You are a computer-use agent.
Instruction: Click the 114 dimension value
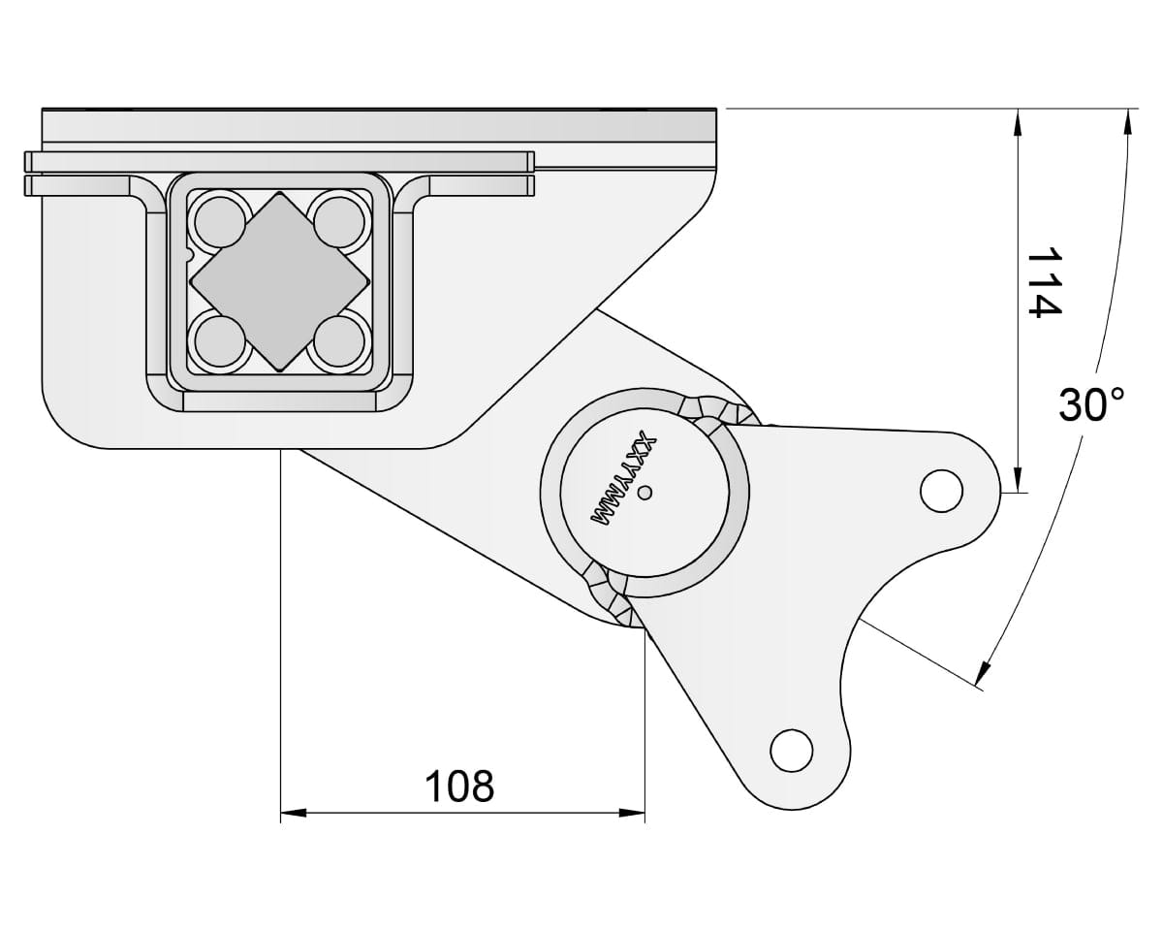pyautogui.click(x=1044, y=282)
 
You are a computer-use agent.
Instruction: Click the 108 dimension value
pyautogui.click(x=459, y=787)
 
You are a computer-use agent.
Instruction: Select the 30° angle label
pyautogui.click(x=1091, y=404)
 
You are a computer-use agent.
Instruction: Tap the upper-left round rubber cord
pyautogui.click(x=220, y=221)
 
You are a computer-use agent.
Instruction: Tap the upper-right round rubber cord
pyautogui.click(x=339, y=221)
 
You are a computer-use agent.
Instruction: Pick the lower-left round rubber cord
pyautogui.click(x=220, y=341)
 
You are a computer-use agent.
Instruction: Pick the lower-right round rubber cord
pyautogui.click(x=339, y=341)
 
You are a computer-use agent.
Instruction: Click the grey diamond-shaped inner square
pyautogui.click(x=279, y=281)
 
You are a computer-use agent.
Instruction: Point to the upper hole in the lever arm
pyautogui.click(x=941, y=492)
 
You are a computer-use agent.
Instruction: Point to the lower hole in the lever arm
pyautogui.click(x=791, y=749)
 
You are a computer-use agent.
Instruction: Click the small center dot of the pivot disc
pyautogui.click(x=645, y=493)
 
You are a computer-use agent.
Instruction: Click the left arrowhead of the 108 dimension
pyautogui.click(x=292, y=812)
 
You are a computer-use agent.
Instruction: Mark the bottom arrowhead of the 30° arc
pyautogui.click(x=985, y=672)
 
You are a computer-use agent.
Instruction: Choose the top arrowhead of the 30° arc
pyautogui.click(x=1127, y=120)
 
